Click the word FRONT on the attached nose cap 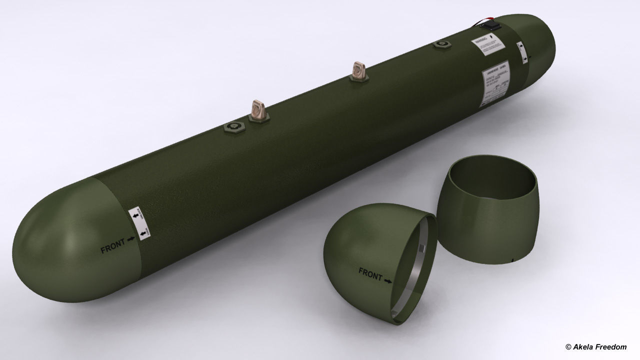(112, 246)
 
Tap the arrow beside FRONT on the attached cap (131, 240)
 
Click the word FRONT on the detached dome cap (370, 273)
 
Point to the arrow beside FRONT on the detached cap (388, 281)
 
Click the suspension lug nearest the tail (358, 70)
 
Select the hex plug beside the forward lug (234, 128)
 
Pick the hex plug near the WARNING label (441, 45)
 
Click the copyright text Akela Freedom (595, 346)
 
